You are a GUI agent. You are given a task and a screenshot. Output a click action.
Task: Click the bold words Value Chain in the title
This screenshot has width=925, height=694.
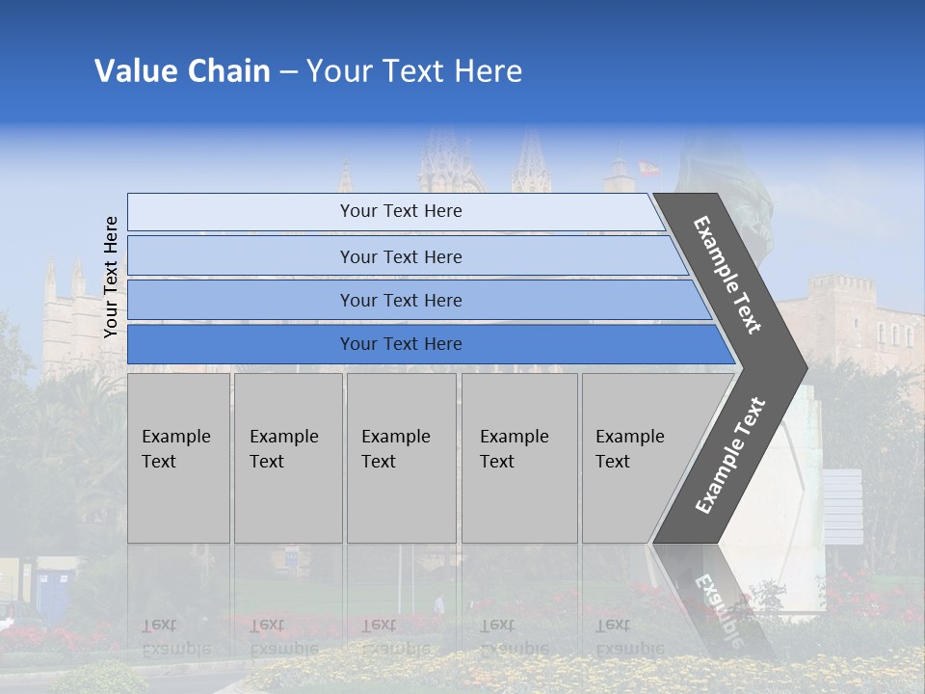182,71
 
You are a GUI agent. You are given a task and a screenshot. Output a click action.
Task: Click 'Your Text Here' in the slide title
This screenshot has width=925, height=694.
414,71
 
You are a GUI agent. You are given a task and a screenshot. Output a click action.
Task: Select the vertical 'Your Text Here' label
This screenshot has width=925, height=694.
111,277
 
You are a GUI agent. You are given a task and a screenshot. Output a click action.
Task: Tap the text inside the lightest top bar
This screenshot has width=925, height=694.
401,211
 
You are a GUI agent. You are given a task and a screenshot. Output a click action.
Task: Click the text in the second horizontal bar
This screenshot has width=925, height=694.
401,256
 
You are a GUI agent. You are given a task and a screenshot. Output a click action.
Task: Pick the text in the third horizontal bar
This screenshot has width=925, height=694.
401,301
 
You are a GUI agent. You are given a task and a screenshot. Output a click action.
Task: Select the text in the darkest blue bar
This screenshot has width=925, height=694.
401,344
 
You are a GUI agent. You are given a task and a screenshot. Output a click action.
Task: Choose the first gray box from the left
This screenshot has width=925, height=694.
178,458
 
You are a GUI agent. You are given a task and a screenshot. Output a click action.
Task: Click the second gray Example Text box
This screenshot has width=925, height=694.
287,458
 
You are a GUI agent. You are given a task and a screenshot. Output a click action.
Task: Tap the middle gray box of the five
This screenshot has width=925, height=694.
401,458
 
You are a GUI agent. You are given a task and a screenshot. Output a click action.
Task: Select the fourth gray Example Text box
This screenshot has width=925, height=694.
518,458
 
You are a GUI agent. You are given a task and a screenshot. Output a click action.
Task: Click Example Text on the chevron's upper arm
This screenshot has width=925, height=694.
727,275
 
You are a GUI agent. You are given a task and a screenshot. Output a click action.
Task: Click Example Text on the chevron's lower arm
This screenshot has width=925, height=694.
729,456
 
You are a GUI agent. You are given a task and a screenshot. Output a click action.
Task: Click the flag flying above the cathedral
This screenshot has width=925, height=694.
647,168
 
